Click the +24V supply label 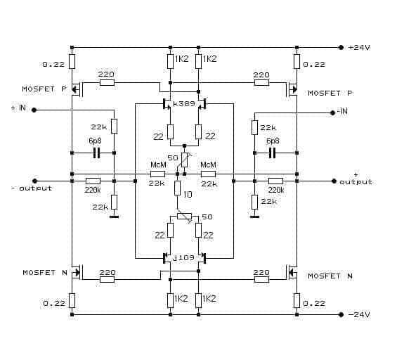(359, 48)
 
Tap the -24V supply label (359, 314)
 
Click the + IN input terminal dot (34, 110)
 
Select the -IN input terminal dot (332, 113)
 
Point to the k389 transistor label (184, 104)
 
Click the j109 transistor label (183, 257)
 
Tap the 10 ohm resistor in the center (177, 188)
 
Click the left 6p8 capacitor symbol (96, 153)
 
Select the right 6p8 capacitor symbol (272, 153)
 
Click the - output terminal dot (35, 181)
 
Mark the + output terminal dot (334, 181)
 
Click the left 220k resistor (93, 181)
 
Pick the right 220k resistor (275, 181)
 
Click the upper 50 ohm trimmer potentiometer (185, 160)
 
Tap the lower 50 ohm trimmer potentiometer (185, 216)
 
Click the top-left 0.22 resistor (72, 61)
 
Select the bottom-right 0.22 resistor (297, 300)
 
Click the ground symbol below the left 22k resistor (114, 217)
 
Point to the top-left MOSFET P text (44, 89)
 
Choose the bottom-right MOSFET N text (330, 276)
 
